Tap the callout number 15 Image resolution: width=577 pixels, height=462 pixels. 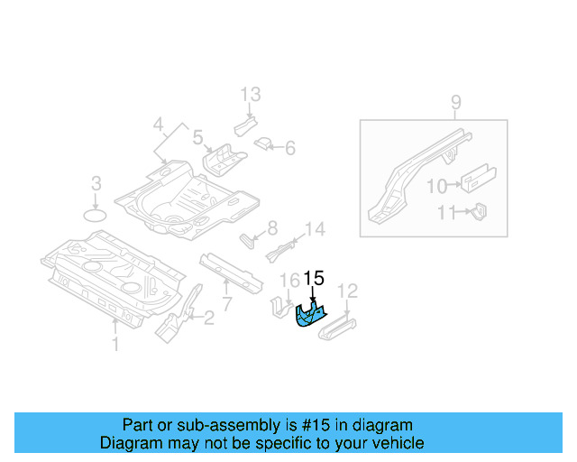click(314, 278)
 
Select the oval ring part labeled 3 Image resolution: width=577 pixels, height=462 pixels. click(96, 215)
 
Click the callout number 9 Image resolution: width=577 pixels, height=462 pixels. click(455, 102)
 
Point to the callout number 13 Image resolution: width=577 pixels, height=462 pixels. click(250, 94)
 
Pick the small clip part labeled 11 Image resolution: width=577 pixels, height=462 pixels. click(479, 212)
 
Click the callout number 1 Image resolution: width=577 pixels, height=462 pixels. click(114, 343)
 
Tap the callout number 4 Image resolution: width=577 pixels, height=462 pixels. click(158, 124)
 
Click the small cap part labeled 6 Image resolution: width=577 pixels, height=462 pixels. click(265, 143)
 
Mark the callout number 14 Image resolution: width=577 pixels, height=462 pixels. click(314, 230)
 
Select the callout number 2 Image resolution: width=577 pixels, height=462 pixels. click(208, 317)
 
